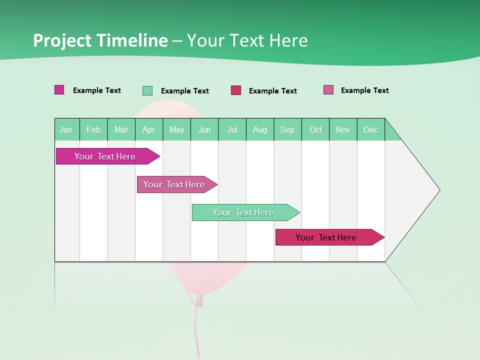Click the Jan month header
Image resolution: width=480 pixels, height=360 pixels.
[66, 129]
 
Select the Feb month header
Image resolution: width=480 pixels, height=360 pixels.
[93, 129]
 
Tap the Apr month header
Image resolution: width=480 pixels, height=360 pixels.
[149, 129]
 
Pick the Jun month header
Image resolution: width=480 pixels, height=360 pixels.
[204, 129]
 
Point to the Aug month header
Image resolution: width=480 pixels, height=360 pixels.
[260, 129]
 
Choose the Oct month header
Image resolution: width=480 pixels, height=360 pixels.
[315, 129]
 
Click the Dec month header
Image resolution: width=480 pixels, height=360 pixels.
[371, 129]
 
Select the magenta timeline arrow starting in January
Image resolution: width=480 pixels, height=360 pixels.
[105, 156]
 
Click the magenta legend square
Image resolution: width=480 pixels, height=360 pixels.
[59, 90]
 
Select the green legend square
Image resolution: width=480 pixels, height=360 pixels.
[147, 90]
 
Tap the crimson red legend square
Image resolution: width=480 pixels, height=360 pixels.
[236, 90]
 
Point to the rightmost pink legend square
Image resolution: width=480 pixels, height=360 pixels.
[328, 90]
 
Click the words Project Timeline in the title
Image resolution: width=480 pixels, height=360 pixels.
[100, 40]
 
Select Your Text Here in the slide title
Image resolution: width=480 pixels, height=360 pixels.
[247, 40]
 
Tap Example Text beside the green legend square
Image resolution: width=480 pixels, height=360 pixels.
[184, 91]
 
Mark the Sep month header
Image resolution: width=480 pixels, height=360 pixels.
[287, 129]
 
